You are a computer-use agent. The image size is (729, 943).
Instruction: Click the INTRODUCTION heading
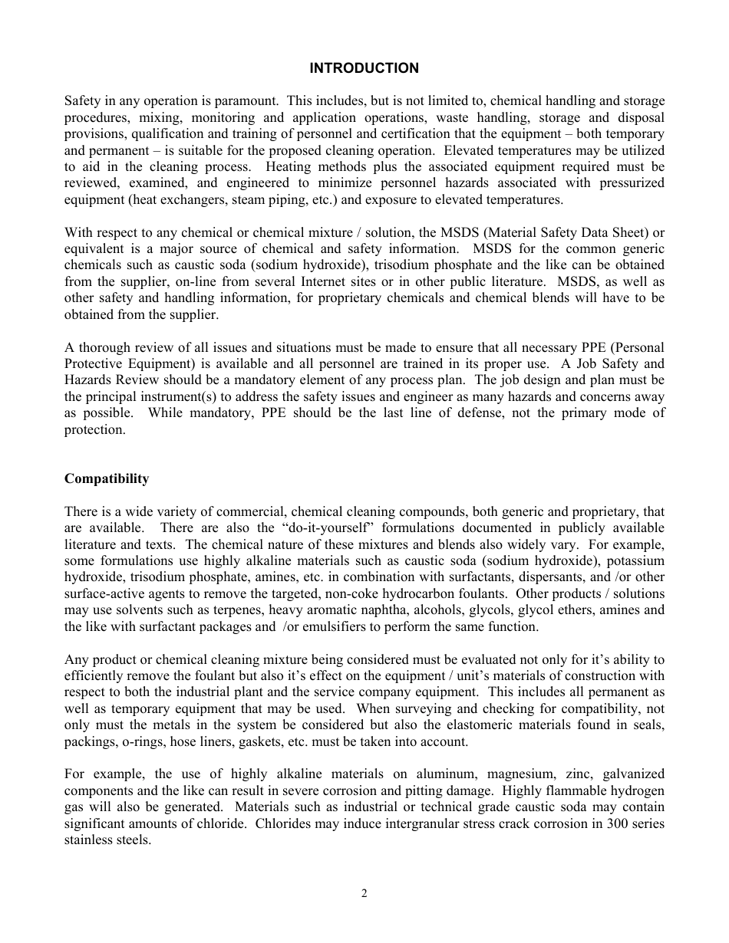[x=364, y=68]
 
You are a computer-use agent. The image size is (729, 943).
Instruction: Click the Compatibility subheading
[x=107, y=479]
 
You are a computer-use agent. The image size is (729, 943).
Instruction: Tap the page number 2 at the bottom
[x=364, y=893]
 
